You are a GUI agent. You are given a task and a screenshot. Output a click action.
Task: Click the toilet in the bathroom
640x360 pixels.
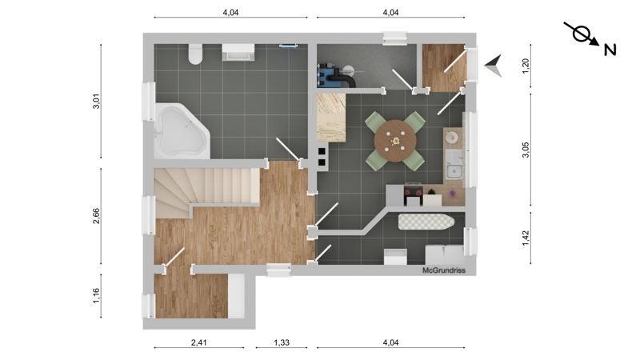[x=195, y=54]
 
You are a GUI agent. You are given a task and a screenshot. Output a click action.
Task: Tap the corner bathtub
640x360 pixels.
[x=182, y=130]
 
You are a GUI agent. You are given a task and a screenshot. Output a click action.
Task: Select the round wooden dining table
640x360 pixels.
[x=395, y=141]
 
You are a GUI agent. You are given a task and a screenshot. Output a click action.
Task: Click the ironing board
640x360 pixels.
[x=426, y=222]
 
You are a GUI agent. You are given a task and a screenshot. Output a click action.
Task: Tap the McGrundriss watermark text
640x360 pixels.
[x=444, y=270]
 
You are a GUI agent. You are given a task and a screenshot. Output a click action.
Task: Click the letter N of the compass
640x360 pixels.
[x=610, y=50]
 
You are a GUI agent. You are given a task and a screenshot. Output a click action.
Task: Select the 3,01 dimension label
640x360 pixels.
[x=96, y=102]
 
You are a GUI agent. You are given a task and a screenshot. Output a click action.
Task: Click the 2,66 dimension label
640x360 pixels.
[x=96, y=216]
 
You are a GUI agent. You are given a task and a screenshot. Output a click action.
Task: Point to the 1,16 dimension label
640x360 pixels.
[x=96, y=296]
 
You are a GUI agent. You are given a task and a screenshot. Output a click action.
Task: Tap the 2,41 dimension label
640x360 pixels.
[x=198, y=342]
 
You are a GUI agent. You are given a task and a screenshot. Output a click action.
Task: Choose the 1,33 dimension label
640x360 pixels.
[x=282, y=342]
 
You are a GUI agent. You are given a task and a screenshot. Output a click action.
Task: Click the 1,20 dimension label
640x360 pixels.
[x=526, y=66]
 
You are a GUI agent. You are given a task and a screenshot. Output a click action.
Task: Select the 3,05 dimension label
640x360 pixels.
[x=526, y=150]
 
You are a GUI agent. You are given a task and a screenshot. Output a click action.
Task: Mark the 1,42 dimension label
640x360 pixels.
[x=526, y=238]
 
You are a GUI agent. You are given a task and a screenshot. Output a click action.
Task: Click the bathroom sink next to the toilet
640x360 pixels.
[x=238, y=52]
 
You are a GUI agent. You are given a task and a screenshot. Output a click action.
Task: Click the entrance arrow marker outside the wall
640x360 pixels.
[x=493, y=66]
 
